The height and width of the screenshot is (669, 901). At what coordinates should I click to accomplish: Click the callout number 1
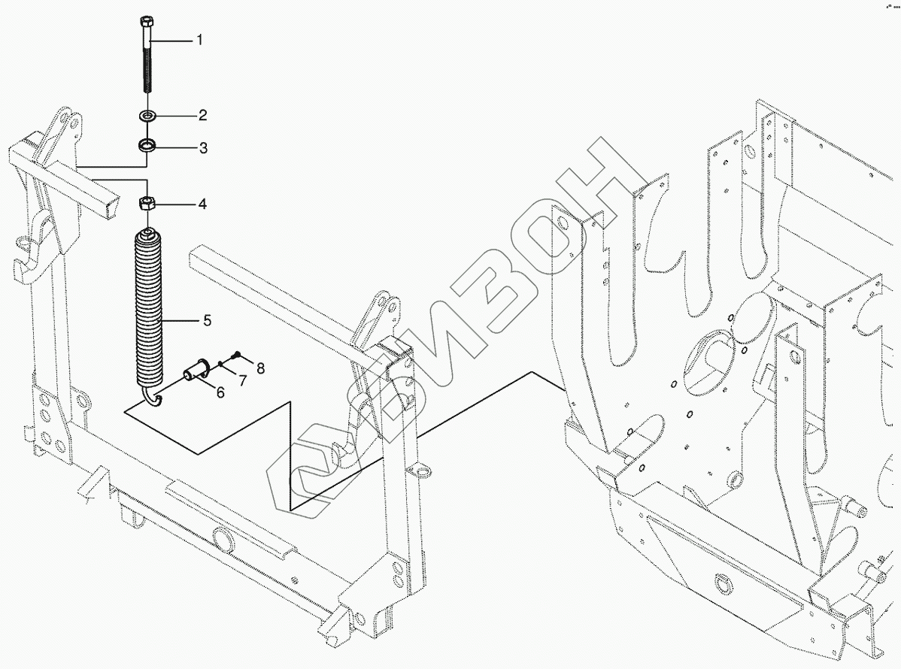199,40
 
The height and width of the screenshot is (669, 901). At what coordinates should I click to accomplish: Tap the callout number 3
202,147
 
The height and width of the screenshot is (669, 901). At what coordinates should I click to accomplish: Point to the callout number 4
202,204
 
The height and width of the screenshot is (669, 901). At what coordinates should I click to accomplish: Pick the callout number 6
220,391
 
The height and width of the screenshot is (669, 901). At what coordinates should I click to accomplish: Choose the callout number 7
242,380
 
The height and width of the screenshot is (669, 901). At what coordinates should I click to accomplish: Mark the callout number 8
260,368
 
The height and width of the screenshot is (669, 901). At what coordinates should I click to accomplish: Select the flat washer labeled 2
147,116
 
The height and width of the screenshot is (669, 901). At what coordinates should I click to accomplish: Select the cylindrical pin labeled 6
197,369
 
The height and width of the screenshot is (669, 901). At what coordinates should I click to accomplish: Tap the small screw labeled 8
235,354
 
